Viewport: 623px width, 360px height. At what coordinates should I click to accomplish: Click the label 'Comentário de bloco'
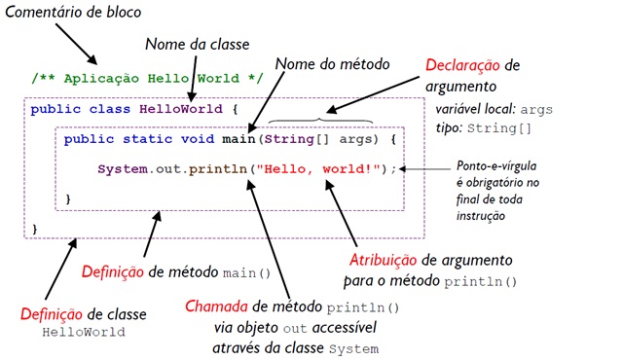73,15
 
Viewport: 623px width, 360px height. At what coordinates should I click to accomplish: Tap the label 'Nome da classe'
198,44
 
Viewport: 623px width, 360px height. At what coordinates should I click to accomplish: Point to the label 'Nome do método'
332,64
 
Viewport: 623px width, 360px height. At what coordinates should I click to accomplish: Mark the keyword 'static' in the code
139,139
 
